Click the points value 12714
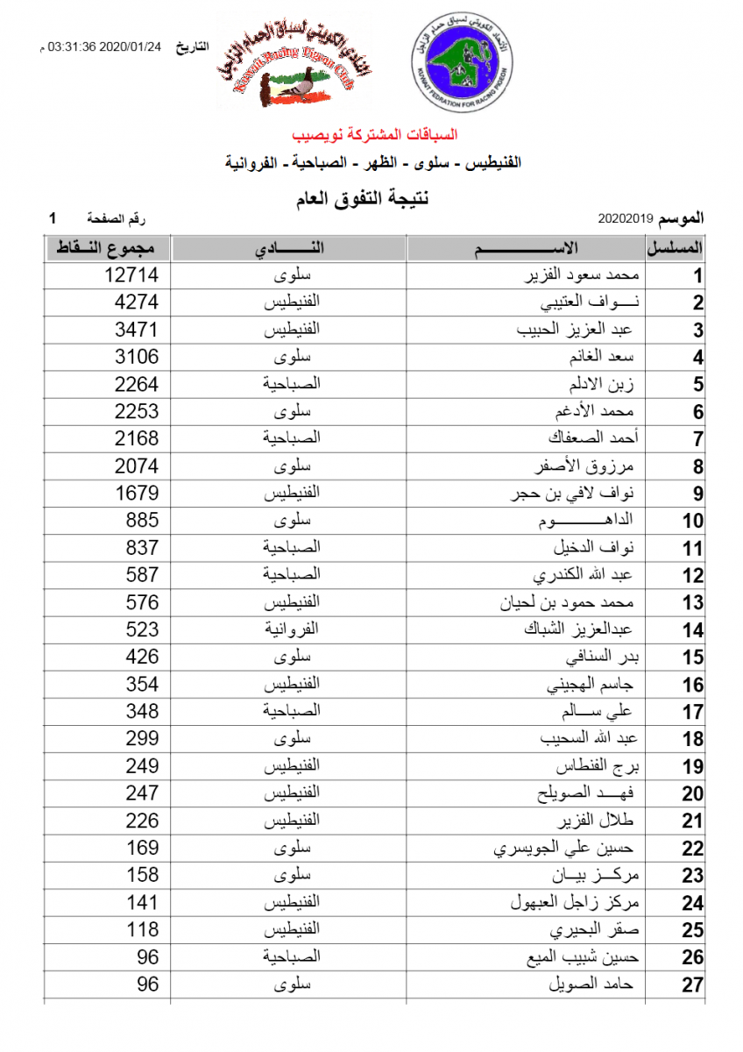point(131,275)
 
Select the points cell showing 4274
point(138,302)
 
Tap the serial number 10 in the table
point(693,521)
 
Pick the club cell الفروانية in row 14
point(292,629)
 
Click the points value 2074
point(138,466)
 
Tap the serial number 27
point(693,985)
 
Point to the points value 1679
point(138,493)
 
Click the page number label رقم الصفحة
point(117,217)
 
